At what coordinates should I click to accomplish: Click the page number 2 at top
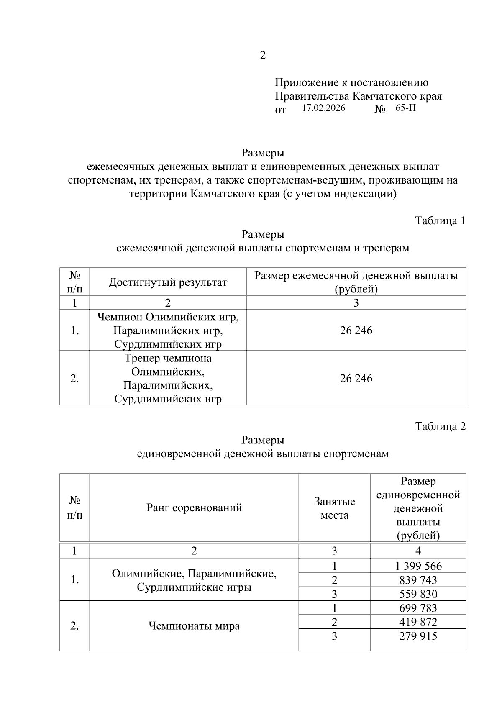[x=263, y=55]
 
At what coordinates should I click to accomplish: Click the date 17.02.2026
[x=323, y=108]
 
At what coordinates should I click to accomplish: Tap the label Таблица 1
[x=440, y=220]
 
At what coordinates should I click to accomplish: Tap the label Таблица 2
[x=440, y=426]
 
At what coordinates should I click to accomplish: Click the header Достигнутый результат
[x=168, y=282]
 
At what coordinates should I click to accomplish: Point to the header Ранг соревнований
[x=194, y=508]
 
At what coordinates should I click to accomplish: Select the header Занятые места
[x=334, y=508]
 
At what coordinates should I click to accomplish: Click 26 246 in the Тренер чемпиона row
[x=356, y=378]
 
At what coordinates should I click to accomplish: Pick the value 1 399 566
[x=418, y=566]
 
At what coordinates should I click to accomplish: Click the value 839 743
[x=418, y=580]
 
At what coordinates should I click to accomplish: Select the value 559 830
[x=418, y=594]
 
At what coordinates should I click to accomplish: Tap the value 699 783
[x=418, y=608]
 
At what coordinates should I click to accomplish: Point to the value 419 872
[x=418, y=622]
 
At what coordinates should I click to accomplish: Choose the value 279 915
[x=418, y=636]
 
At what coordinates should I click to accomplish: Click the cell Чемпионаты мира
[x=194, y=626]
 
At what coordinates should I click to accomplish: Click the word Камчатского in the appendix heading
[x=382, y=96]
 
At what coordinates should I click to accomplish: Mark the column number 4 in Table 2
[x=418, y=551]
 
